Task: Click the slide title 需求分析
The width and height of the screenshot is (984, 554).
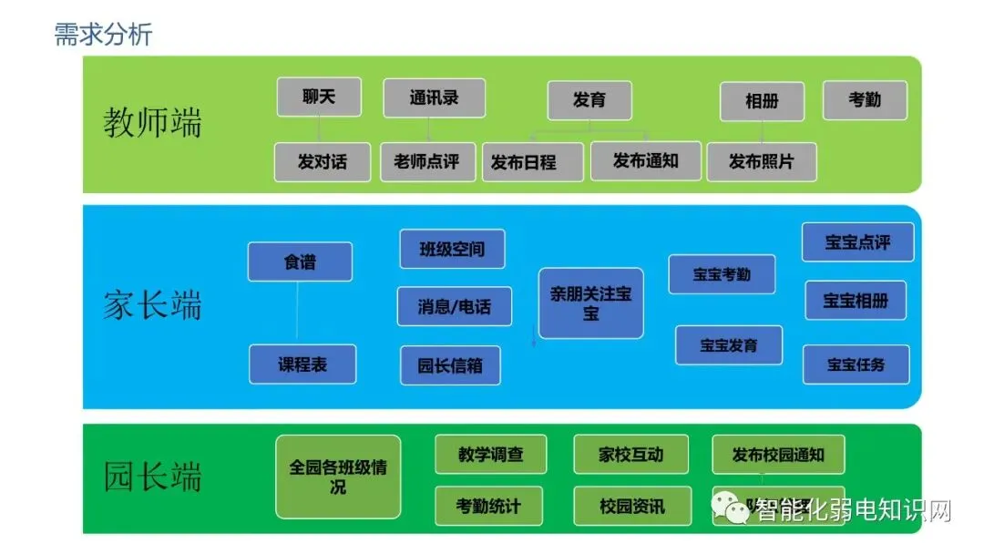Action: coord(103,34)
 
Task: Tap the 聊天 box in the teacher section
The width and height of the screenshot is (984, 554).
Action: coord(319,97)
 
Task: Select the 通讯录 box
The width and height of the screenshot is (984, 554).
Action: coord(434,98)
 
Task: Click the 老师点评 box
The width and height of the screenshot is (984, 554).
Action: coord(427,162)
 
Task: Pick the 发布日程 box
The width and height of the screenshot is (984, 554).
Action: coord(533,162)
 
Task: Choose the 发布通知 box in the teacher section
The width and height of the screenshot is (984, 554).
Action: coord(646,161)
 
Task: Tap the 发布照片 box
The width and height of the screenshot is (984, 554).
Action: coord(762,162)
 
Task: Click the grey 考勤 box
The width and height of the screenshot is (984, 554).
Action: coord(865,100)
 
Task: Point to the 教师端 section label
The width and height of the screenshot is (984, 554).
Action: coord(152,122)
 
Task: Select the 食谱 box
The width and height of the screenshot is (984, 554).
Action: coord(300,262)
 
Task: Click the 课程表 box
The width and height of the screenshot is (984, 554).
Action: coord(302,364)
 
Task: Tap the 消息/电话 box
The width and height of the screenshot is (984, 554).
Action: coord(454,306)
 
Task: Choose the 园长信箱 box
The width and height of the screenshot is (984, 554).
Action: coord(450,365)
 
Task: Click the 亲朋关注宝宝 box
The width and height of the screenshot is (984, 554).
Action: coord(590,303)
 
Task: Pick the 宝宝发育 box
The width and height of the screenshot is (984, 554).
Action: coord(729,345)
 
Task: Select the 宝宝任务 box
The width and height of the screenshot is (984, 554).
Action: coord(856,364)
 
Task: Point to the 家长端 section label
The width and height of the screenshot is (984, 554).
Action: coord(152,305)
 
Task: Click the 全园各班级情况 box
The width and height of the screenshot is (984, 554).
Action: coord(338,477)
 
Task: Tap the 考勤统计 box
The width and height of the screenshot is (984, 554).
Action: coord(488,506)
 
